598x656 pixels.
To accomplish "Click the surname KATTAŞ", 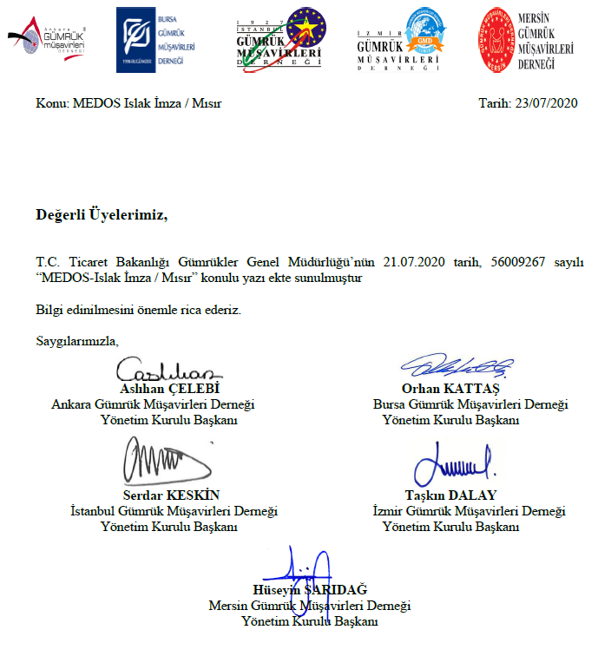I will click(476, 389).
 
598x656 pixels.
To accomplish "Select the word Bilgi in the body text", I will click(50, 310).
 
